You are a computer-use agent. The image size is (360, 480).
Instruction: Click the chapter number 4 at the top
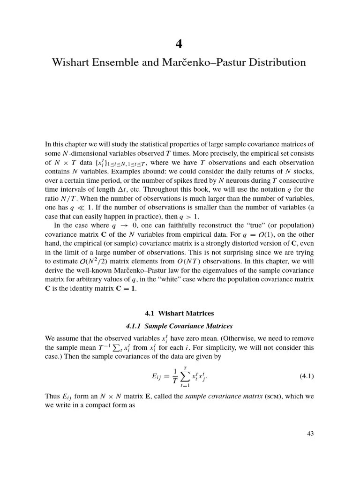click(x=179, y=44)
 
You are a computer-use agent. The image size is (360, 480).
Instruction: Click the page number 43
click(x=310, y=434)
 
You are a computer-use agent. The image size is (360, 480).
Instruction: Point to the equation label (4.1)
click(x=307, y=376)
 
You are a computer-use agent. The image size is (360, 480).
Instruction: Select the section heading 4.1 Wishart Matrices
click(x=179, y=313)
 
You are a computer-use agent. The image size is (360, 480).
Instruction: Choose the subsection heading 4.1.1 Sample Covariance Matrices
click(x=179, y=326)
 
